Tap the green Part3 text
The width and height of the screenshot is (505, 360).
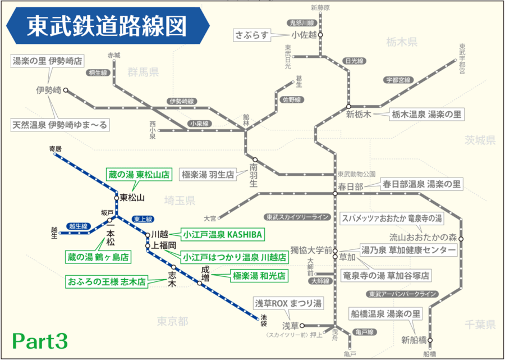click(x=40, y=340)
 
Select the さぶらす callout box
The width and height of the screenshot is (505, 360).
click(x=252, y=35)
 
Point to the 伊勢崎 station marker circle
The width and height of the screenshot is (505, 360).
click(x=66, y=90)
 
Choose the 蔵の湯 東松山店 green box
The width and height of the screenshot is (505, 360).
click(x=139, y=175)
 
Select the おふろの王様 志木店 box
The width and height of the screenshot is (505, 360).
click(x=105, y=280)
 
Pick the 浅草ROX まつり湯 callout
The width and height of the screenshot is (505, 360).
click(x=288, y=303)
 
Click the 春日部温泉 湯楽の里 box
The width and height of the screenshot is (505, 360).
click(x=422, y=184)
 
